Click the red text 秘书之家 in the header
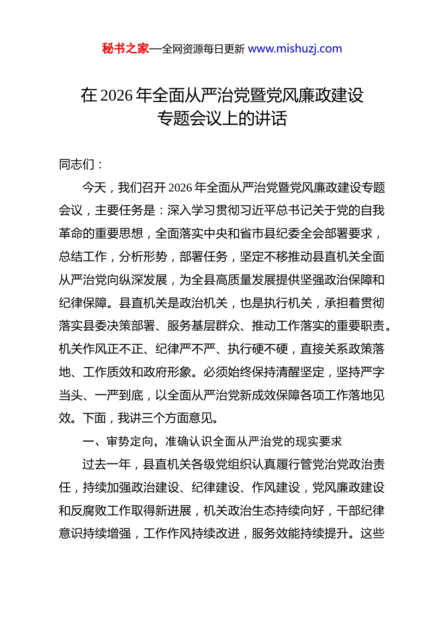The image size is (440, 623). click(126, 49)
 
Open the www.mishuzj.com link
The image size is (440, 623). click(295, 49)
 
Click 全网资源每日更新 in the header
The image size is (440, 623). click(203, 49)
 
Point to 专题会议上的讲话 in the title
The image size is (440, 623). click(222, 119)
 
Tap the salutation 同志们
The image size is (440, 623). click(77, 165)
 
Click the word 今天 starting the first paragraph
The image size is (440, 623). click(94, 188)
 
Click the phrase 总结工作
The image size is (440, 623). click(83, 257)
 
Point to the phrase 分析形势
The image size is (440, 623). click(143, 257)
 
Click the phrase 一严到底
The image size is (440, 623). click(119, 395)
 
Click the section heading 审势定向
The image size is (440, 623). click(130, 441)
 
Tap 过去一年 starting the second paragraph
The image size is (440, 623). click(107, 464)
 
